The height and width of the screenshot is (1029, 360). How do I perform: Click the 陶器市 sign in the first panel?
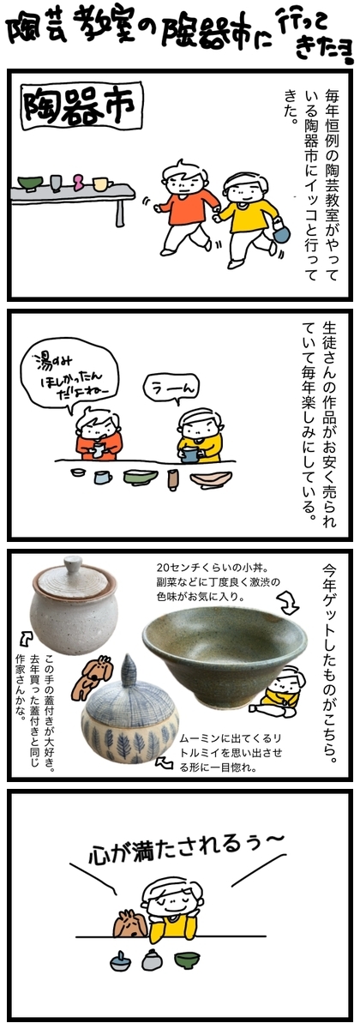click(82, 106)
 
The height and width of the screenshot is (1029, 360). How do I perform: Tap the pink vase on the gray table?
click(79, 182)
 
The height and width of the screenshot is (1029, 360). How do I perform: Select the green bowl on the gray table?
click(30, 183)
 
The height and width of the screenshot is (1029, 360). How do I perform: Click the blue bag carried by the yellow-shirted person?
click(280, 232)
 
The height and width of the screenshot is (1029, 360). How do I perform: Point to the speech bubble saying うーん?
click(171, 390)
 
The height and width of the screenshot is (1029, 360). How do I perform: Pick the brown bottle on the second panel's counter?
click(172, 479)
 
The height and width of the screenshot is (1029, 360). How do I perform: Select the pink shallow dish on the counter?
click(211, 479)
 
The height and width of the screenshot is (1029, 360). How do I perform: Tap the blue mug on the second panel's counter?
click(102, 478)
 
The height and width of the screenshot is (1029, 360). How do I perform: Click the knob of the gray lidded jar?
click(73, 563)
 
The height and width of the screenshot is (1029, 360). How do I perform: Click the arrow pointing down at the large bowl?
click(289, 603)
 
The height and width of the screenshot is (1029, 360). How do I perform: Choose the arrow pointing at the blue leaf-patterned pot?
click(164, 762)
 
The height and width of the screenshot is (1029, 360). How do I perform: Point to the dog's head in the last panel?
click(130, 924)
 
